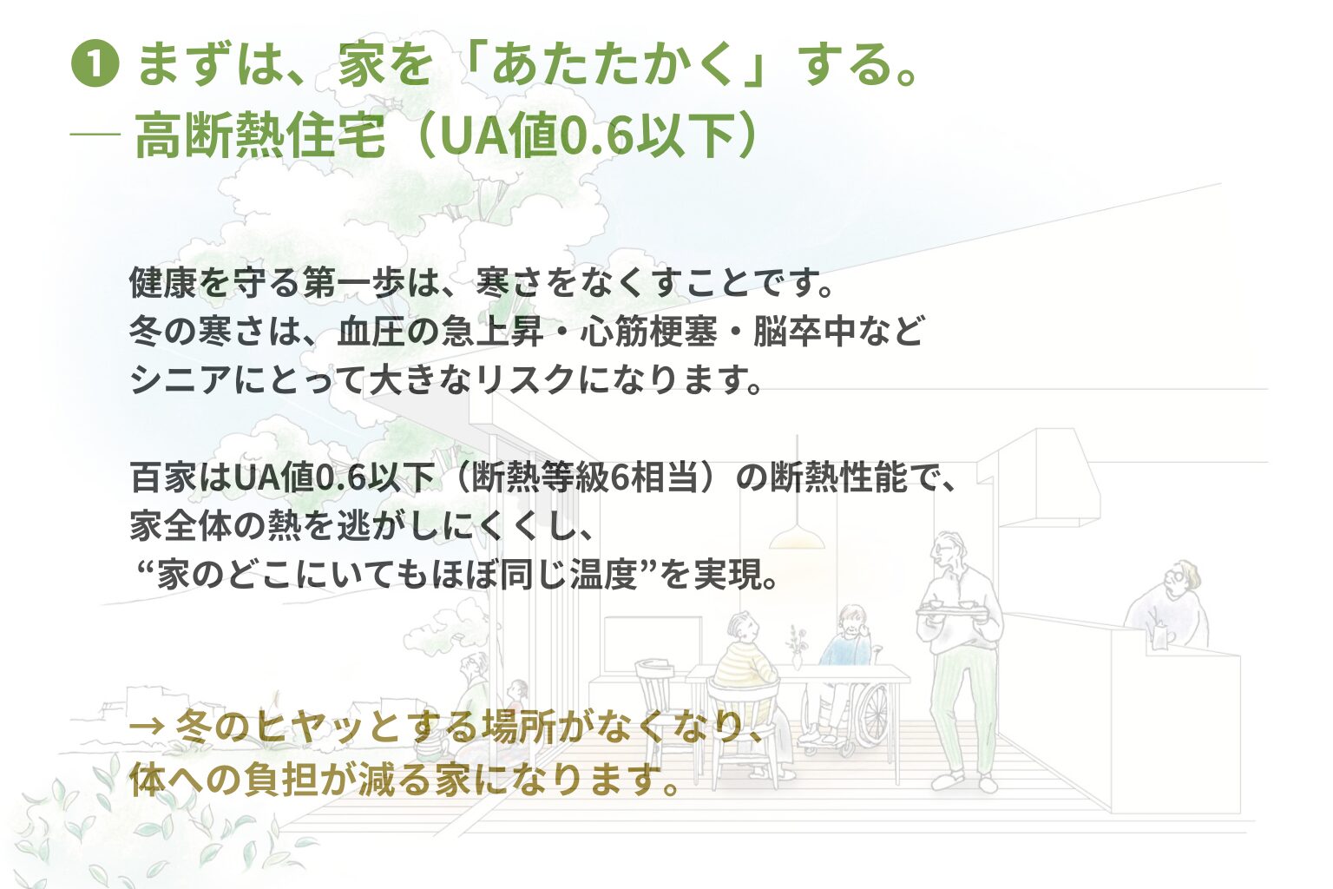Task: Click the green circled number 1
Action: pos(95,65)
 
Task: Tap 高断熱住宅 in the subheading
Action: pos(259,135)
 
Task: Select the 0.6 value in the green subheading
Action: pos(596,135)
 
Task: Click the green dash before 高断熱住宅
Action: pos(95,135)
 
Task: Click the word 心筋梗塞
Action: pos(648,331)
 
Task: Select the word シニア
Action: pos(181,380)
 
